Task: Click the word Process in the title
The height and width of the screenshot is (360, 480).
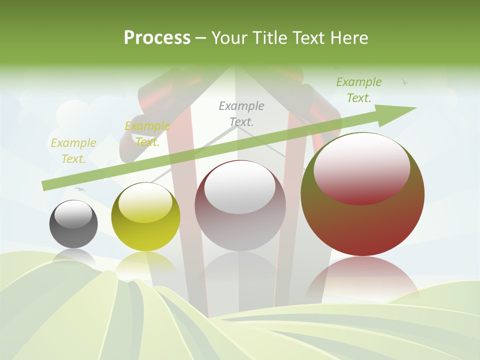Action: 157,37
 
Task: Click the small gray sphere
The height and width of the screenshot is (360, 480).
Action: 73,223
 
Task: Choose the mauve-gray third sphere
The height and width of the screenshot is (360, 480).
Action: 240,205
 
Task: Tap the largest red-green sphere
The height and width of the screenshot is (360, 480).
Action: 362,194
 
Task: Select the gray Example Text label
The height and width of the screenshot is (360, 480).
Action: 241,113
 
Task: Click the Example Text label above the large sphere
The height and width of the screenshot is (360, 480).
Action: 358,89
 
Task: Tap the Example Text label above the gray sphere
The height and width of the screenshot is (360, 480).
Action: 73,150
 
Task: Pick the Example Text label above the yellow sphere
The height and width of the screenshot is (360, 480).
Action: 147,133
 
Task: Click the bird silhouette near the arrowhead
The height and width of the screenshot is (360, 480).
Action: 404,81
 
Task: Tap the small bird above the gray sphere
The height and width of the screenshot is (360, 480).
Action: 79,189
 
